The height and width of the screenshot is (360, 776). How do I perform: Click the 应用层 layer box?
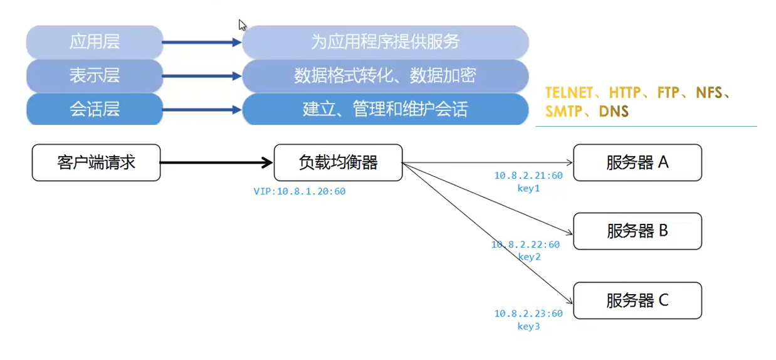(95, 42)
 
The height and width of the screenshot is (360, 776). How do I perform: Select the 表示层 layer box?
(95, 76)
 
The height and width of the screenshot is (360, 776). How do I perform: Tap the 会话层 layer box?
(95, 110)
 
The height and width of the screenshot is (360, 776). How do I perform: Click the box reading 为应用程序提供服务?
(385, 42)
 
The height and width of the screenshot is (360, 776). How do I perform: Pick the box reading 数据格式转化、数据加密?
(385, 76)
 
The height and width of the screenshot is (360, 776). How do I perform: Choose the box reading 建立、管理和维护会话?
(385, 110)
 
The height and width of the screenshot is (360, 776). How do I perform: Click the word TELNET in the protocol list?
(569, 93)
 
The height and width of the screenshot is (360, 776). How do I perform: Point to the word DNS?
(614, 112)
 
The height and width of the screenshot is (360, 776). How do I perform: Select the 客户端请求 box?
(96, 162)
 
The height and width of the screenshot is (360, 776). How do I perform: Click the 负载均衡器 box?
(338, 162)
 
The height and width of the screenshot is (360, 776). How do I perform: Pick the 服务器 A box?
(637, 162)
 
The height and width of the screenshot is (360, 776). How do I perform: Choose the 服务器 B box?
(637, 231)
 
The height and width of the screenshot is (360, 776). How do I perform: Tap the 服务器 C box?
(637, 300)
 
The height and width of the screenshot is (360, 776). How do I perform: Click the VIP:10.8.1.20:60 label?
(299, 191)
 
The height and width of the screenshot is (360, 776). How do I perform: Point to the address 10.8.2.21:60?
(528, 176)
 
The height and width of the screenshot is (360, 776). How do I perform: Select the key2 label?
(529, 257)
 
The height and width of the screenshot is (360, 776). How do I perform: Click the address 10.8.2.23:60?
(528, 314)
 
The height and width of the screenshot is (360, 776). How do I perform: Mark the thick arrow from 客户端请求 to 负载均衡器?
(216, 162)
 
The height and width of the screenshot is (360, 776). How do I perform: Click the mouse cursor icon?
(242, 25)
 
